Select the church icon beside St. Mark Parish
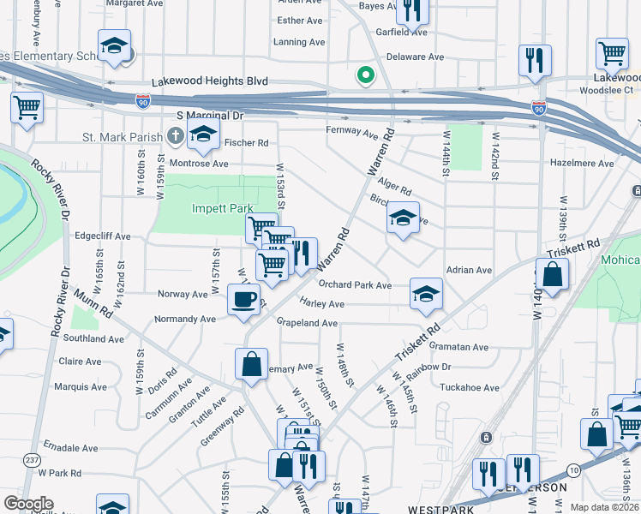(x=176, y=134)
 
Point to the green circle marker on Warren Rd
(x=366, y=76)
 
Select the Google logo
(x=28, y=503)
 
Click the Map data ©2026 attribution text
(x=603, y=507)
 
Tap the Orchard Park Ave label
(x=355, y=284)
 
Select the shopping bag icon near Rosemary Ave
(x=252, y=363)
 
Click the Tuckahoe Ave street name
(x=469, y=387)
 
